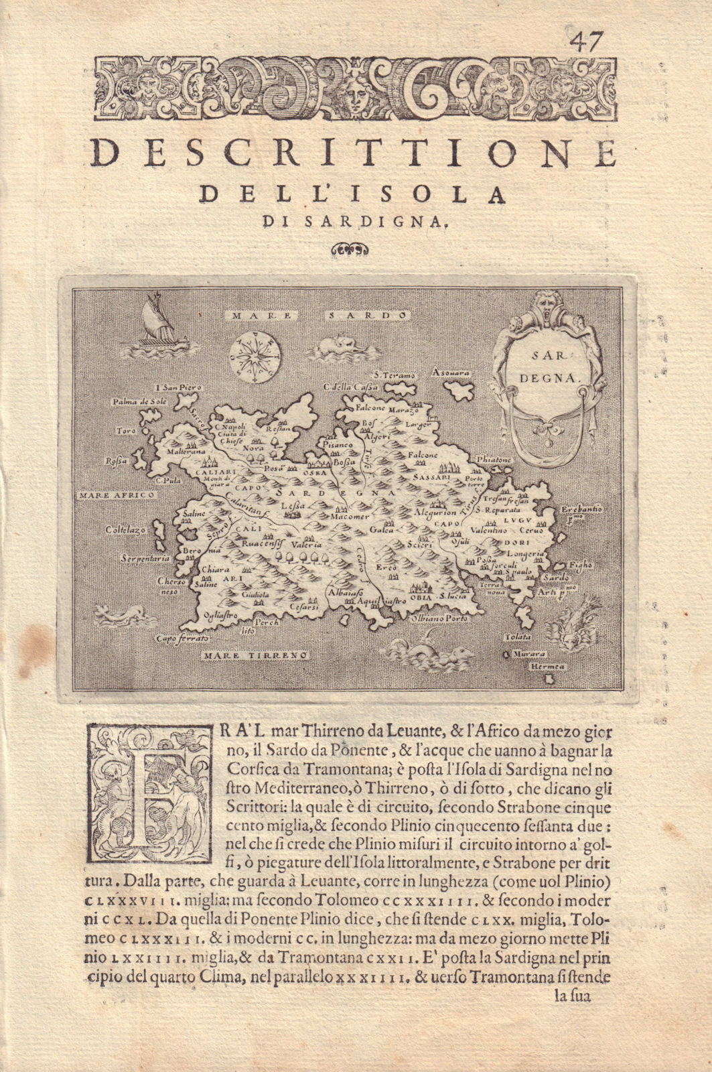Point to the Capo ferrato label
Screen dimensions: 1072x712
(180, 640)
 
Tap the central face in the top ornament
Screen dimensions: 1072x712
(356, 94)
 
